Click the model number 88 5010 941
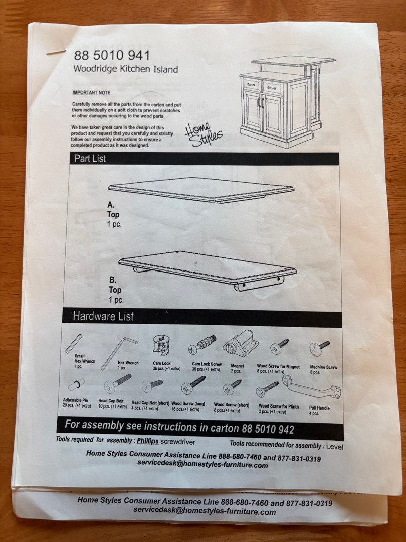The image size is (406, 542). click(112, 55)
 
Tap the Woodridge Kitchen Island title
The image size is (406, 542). click(126, 69)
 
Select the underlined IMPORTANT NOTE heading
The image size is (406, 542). click(92, 93)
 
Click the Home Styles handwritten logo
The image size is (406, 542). click(204, 134)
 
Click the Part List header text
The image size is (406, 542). click(90, 158)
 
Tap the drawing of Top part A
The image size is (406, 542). click(201, 190)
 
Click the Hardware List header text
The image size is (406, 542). click(103, 316)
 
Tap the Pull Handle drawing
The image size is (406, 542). click(311, 387)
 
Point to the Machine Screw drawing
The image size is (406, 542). click(319, 348)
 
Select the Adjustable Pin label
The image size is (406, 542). click(76, 400)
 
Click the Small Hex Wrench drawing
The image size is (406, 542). click(74, 343)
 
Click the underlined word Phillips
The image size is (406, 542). click(148, 441)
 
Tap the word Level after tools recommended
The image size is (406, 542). click(335, 446)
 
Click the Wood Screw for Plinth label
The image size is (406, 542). click(279, 406)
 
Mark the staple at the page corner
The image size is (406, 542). click(56, 53)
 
